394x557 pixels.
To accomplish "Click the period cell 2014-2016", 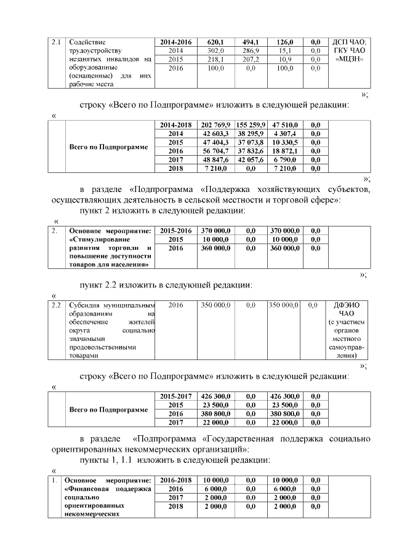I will [175, 41].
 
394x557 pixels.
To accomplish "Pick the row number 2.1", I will [56, 41].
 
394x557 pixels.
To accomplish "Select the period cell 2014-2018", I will [175, 125].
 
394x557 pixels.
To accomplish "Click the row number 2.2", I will [56, 305].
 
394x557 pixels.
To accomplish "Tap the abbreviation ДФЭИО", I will [352, 305].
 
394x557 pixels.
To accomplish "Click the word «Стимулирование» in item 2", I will [95, 239].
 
